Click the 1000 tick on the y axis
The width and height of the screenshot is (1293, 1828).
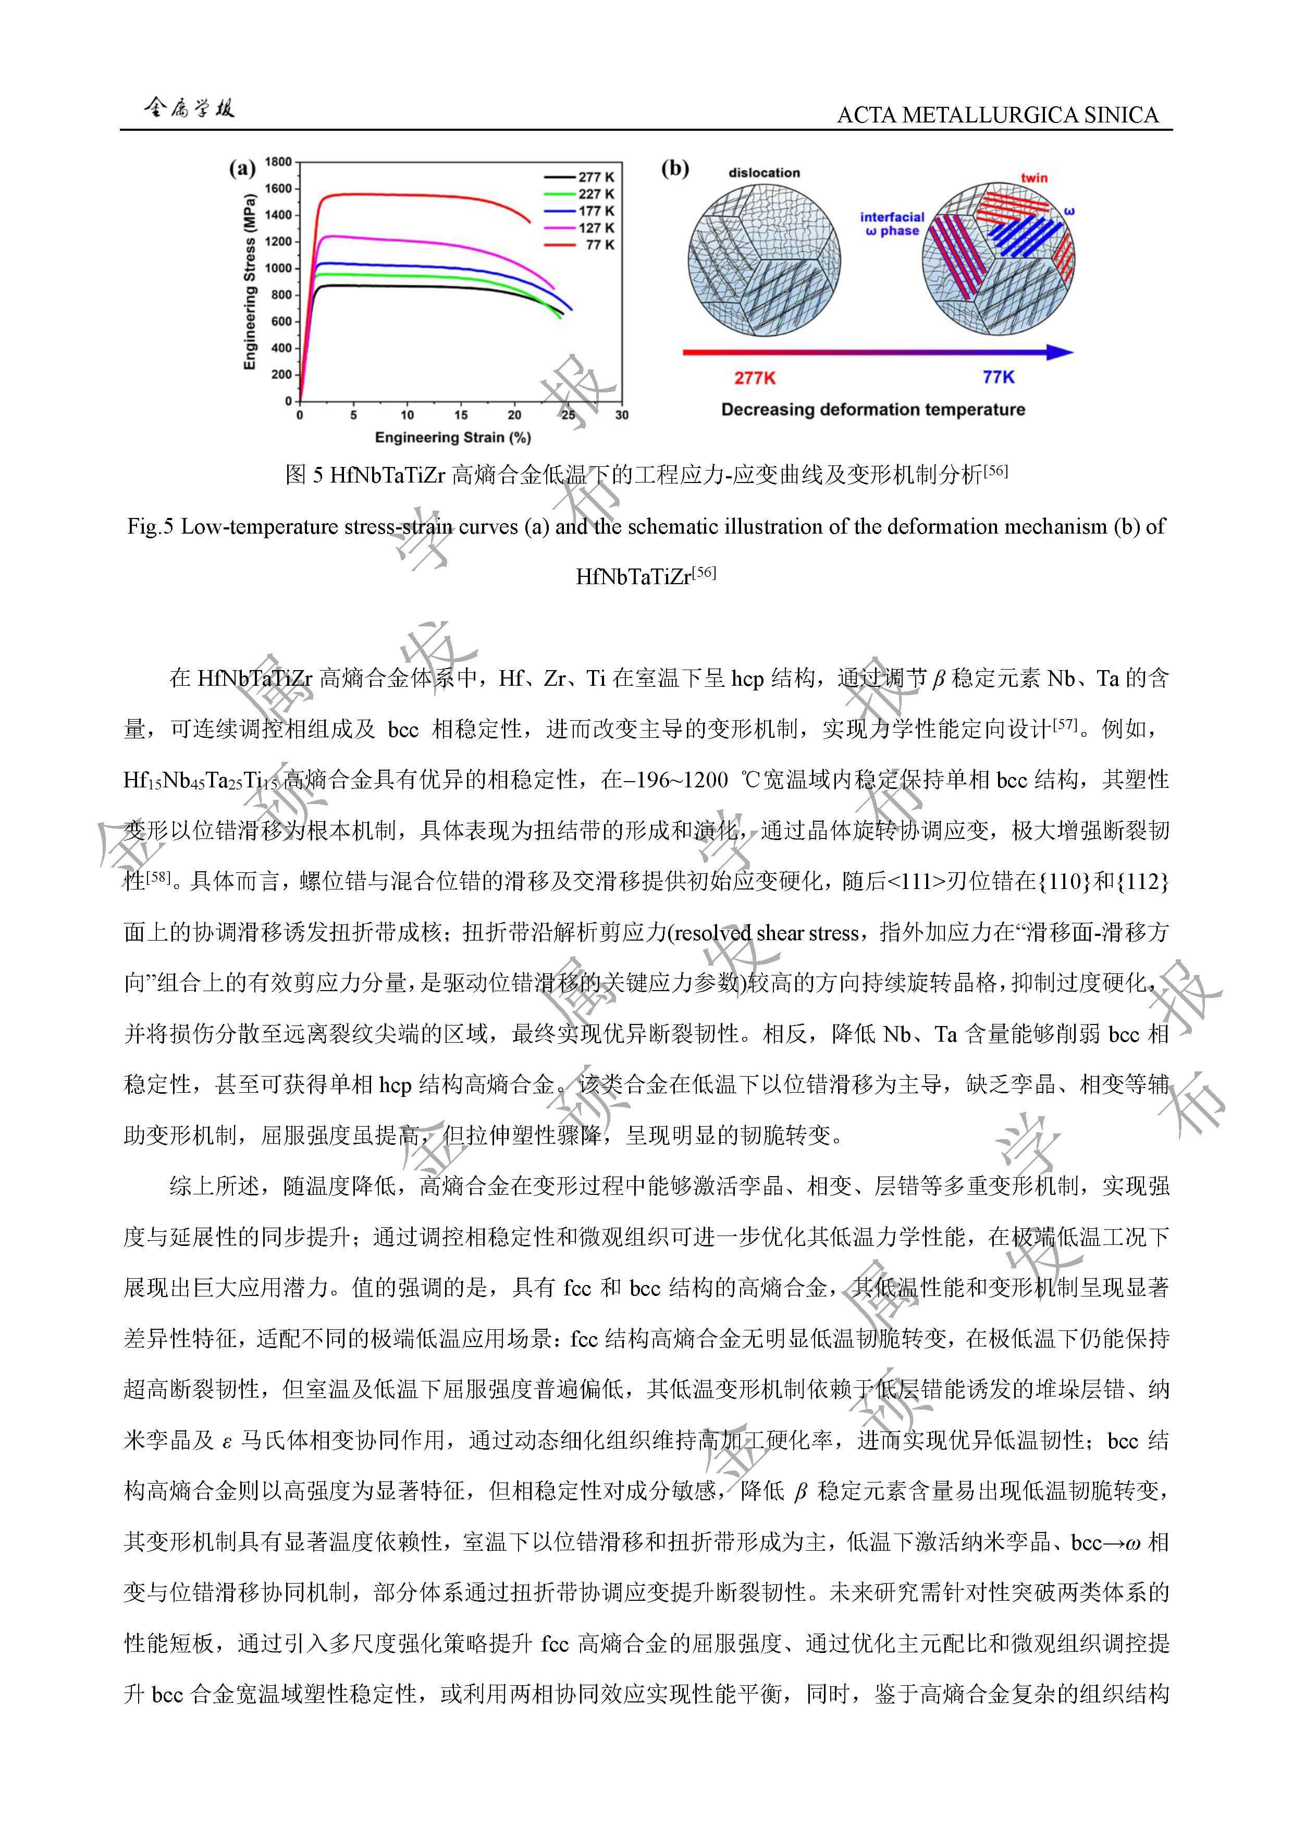(278, 268)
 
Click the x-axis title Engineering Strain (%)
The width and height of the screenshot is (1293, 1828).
(452, 437)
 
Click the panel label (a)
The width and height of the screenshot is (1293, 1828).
(242, 169)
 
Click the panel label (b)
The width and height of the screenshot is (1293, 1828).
(674, 169)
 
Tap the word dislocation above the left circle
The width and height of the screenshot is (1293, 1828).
(764, 173)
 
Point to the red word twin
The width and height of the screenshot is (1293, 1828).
(1034, 178)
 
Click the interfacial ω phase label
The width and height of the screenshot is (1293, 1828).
(892, 224)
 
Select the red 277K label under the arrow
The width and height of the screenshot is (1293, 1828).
(754, 377)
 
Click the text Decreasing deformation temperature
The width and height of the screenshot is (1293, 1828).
(872, 410)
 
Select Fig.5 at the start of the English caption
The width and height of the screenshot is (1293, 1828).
(151, 527)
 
